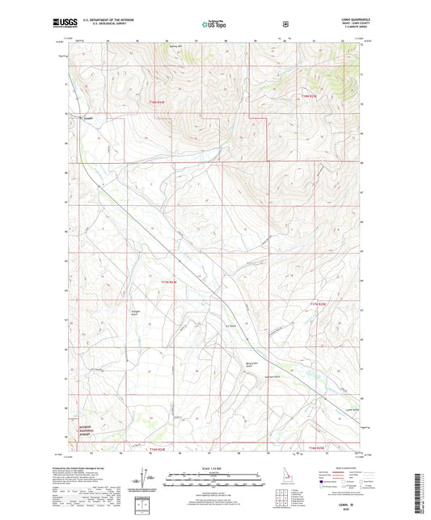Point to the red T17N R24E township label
[168, 281]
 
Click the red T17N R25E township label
[317, 304]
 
